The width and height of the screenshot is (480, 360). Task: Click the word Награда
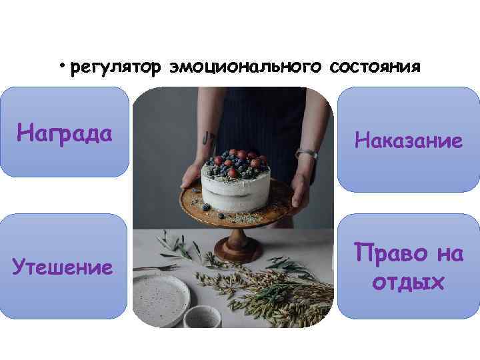64,133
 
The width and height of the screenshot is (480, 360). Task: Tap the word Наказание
409,140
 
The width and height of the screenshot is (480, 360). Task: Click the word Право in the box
386,254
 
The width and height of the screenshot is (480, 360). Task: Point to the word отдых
408,283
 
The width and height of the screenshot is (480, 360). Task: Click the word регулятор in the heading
115,68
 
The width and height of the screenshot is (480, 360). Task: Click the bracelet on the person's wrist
306,154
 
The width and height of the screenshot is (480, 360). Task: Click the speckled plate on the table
161,297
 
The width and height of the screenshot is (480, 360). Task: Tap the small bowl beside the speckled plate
203,317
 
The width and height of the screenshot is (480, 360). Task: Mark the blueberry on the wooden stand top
207,207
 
